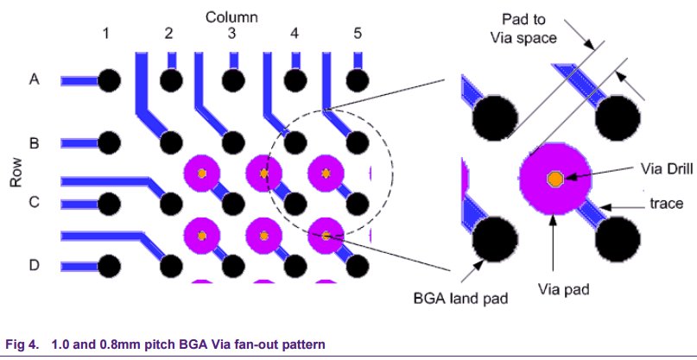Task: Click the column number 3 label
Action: pos(231,34)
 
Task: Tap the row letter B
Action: pos(34,143)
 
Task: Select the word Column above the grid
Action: pos(231,17)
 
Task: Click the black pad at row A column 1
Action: pos(109,81)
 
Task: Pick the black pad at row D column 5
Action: pos(358,267)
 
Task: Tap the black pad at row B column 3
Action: pos(233,143)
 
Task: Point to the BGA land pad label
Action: pos(459,298)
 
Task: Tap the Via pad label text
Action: pos(564,290)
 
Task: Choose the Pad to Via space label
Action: pos(523,28)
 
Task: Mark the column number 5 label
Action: pos(358,34)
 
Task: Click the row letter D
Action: pos(35,265)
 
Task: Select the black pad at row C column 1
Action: pos(109,204)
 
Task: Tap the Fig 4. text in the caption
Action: pos(22,344)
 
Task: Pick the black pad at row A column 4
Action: pos(295,81)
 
